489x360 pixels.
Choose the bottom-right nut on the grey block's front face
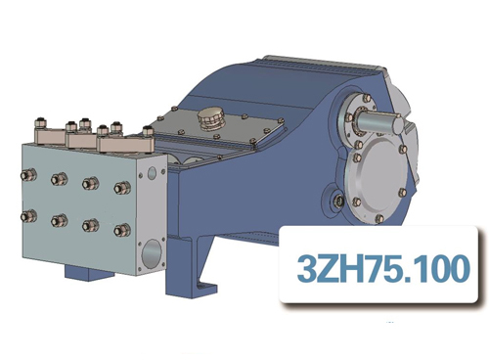(122, 230)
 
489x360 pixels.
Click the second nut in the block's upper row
(60, 179)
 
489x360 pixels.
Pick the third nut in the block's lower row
(91, 225)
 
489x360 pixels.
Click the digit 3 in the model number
(305, 266)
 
